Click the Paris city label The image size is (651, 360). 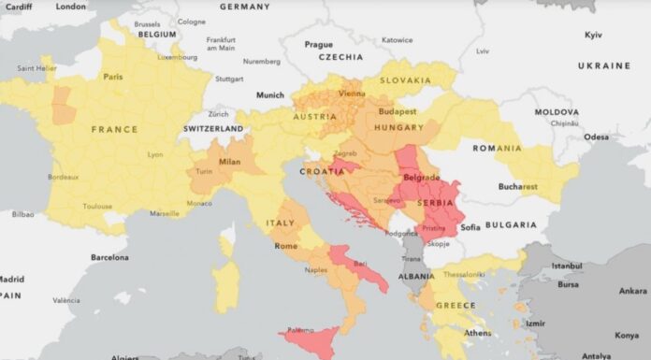point(113,77)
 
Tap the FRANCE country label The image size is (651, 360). point(114,129)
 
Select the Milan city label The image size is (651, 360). point(230,162)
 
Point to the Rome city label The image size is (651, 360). point(285,246)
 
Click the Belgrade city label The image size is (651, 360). point(421,177)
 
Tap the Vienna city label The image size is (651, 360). point(352,94)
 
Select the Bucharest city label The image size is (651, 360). point(516,186)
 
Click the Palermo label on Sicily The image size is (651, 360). point(300,330)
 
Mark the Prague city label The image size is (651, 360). point(318,44)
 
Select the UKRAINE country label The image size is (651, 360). point(604,66)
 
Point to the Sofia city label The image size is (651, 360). point(470,226)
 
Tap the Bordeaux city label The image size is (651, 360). point(63,177)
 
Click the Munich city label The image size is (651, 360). point(270,94)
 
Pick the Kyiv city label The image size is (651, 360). point(593,35)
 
